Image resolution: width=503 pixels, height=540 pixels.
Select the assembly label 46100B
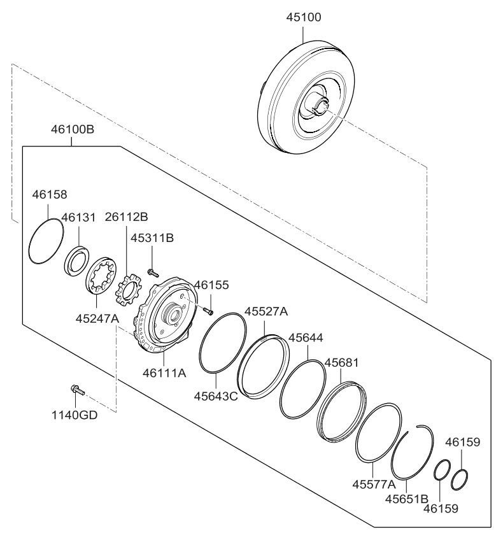tap(73, 130)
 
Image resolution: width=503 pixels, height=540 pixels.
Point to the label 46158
tap(50, 194)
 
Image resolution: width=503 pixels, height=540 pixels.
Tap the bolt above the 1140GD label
tap(75, 388)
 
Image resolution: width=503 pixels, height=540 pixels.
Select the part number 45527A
tap(267, 311)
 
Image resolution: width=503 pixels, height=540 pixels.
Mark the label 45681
tap(343, 362)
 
